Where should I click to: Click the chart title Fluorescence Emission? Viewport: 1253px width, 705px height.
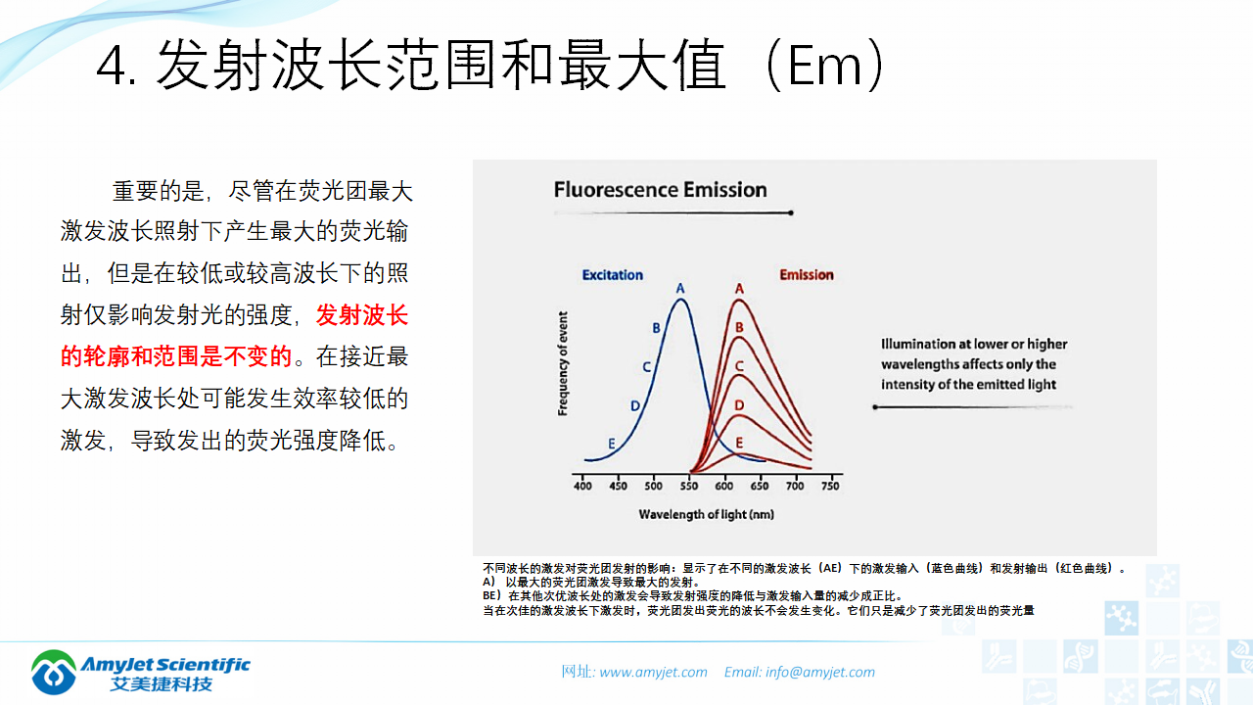pos(660,190)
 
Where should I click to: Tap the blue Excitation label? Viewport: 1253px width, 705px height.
pos(613,275)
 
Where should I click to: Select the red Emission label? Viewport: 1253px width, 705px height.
pos(807,275)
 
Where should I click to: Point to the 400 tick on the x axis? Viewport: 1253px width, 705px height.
pos(582,486)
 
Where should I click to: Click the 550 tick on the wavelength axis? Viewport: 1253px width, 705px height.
pos(688,486)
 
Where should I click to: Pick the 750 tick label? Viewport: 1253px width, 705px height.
pos(830,486)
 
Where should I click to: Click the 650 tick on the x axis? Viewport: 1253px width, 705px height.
pos(759,486)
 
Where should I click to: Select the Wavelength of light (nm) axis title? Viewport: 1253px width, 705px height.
pos(707,514)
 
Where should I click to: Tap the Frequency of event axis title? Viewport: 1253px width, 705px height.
pos(563,363)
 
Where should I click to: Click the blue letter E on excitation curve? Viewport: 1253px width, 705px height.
pos(612,444)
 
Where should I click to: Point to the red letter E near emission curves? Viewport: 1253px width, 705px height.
pos(739,443)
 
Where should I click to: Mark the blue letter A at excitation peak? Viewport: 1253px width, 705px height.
pos(680,288)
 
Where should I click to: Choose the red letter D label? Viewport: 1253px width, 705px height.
pos(739,405)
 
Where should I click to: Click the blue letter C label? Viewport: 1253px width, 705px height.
pos(647,367)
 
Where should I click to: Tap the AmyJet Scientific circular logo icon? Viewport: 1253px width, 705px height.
pos(54,672)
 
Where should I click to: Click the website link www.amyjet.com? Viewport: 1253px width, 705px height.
pos(653,672)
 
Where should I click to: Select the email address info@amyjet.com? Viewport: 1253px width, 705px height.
pos(820,672)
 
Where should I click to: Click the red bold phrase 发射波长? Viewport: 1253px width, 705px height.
pos(362,315)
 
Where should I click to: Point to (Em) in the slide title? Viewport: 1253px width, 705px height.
pos(824,65)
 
